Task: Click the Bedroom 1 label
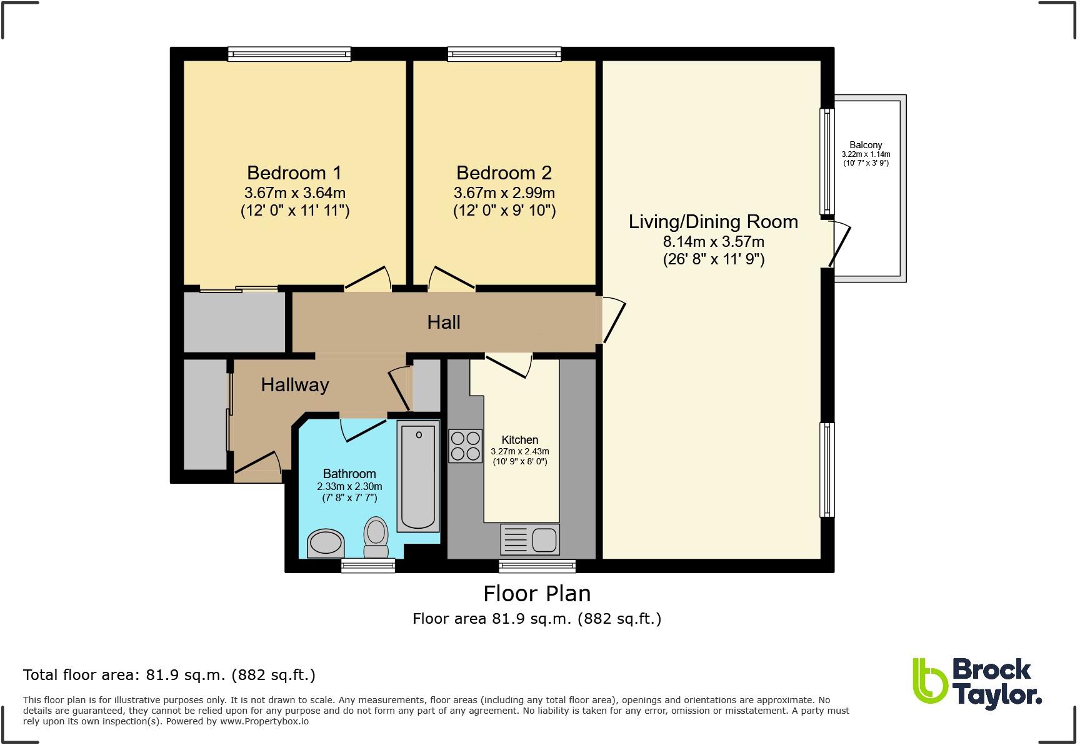[294, 172]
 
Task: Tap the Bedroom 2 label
[504, 172]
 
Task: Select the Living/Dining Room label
[713, 222]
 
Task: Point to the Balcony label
[866, 145]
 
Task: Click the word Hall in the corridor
[444, 322]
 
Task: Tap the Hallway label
[295, 385]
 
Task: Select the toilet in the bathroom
[376, 537]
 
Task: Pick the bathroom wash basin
[326, 543]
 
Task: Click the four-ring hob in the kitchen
[465, 446]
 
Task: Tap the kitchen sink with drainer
[530, 539]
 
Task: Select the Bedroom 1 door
[367, 279]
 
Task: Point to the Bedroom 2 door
[452, 279]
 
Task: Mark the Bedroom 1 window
[289, 54]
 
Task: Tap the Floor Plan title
[537, 593]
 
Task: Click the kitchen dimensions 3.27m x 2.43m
[520, 451]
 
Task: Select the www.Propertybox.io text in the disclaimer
[264, 721]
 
